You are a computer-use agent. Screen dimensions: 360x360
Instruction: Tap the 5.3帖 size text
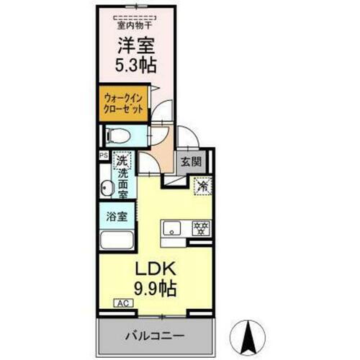point(136,66)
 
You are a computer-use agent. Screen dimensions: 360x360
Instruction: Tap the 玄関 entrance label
point(191,162)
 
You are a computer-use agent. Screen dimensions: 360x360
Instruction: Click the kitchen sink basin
point(173,230)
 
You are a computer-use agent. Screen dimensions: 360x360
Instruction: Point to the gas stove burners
point(199,230)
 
